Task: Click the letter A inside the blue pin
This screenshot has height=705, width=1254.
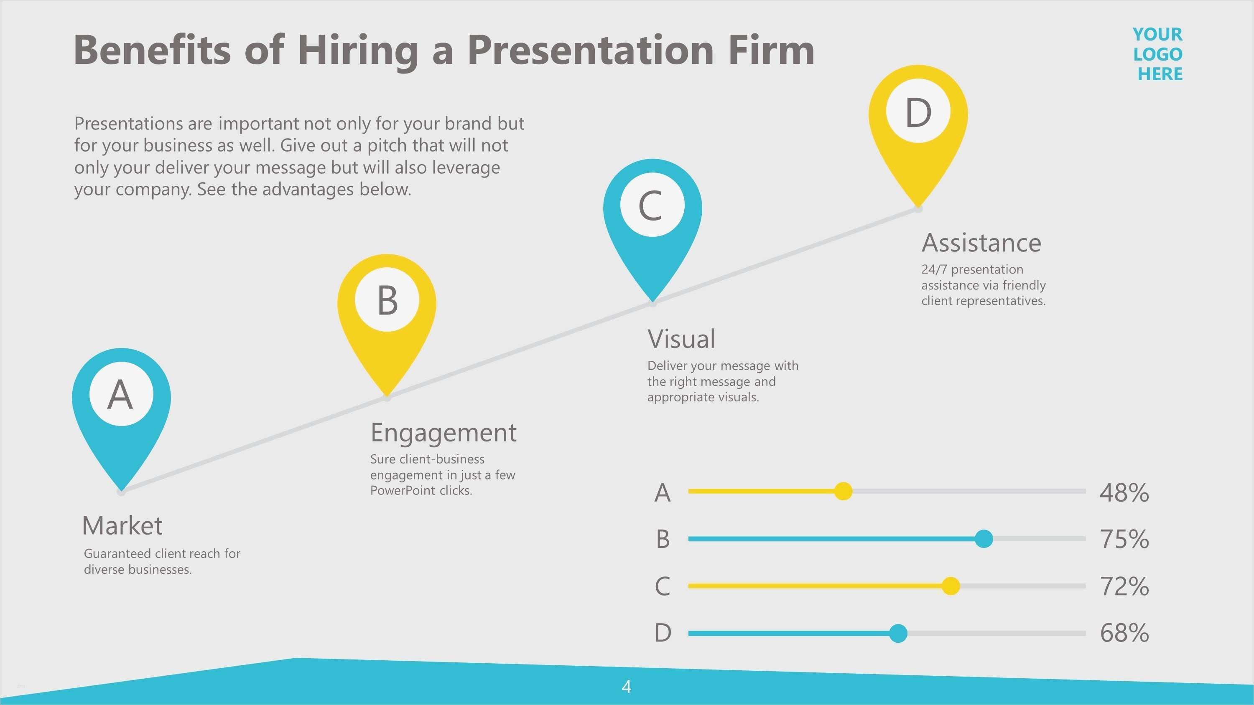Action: coord(120,394)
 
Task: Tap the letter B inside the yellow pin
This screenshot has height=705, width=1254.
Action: coord(387,300)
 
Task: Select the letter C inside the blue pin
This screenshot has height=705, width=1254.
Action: coord(650,206)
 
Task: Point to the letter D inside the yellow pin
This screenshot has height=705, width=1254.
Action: coord(918,112)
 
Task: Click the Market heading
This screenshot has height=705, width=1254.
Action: coord(122,525)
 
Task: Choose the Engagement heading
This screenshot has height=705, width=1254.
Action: coord(443,433)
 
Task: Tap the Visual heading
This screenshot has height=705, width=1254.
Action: coord(681,339)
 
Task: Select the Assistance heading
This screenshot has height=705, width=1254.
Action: coord(981,242)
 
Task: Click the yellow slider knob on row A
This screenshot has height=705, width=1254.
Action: coord(843,492)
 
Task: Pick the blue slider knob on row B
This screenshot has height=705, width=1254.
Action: coord(984,539)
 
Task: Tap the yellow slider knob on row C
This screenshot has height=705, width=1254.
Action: coord(951,586)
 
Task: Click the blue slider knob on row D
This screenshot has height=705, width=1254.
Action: coord(898,633)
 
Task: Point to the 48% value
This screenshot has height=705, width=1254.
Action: coord(1124,492)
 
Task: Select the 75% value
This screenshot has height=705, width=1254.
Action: coord(1124,539)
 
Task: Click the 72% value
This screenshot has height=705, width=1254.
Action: coord(1124,586)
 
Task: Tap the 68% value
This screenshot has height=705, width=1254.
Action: coord(1124,633)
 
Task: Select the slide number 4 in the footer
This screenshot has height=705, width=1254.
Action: coord(627,687)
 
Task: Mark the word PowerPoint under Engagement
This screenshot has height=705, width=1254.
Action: coord(403,490)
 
